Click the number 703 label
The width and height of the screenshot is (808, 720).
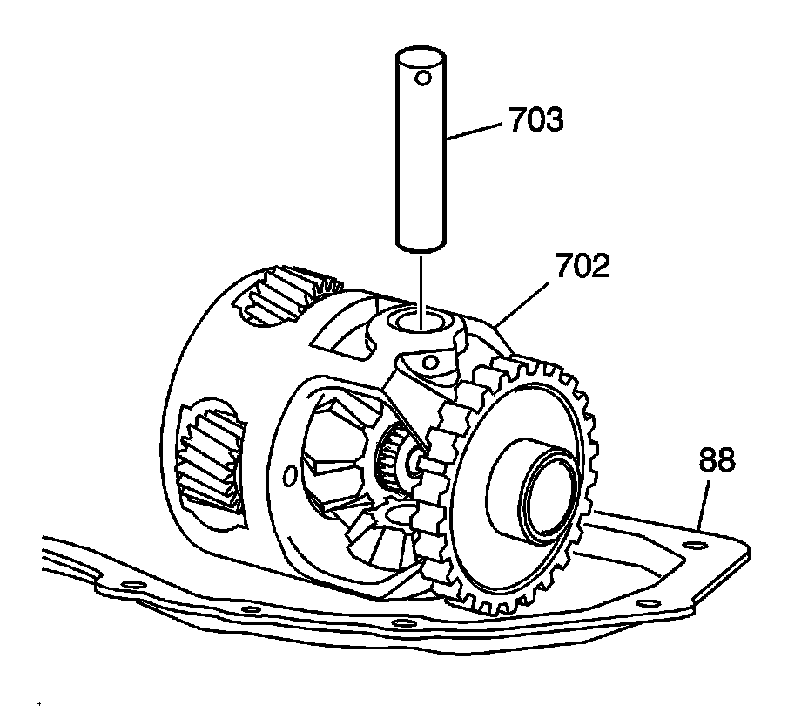click(535, 119)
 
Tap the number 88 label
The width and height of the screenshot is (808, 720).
click(717, 460)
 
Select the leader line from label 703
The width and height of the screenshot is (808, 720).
click(474, 131)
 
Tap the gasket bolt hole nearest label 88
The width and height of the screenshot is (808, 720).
click(694, 547)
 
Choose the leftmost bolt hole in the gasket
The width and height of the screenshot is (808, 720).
click(131, 583)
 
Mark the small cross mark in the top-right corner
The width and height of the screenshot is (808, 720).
click(757, 17)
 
